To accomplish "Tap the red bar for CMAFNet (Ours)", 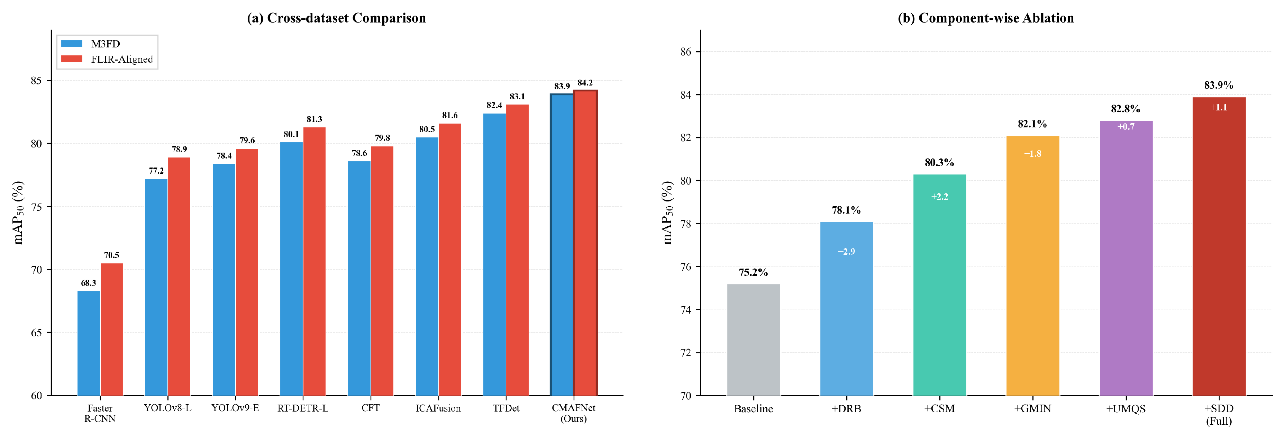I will pyautogui.click(x=585, y=243).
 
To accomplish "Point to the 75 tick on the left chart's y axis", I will pyautogui.click(x=37, y=207).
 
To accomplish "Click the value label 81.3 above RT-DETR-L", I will pyautogui.click(x=314, y=119).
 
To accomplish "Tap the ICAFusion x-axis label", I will pyautogui.click(x=438, y=408).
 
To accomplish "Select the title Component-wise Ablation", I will pyautogui.click(x=986, y=18).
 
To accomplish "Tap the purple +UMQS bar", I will pyautogui.click(x=1126, y=258).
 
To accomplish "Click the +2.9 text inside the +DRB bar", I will pyautogui.click(x=847, y=252).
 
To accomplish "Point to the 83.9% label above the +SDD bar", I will pyautogui.click(x=1219, y=85).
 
